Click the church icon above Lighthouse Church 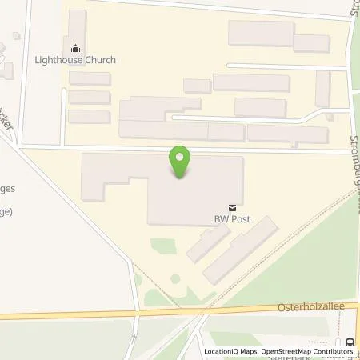[77, 46]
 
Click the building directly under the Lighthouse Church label [90, 78]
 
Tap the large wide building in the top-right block [261, 33]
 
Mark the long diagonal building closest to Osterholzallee [239, 250]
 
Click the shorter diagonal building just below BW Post [208, 242]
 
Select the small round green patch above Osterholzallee [175, 278]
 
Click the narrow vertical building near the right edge [322, 88]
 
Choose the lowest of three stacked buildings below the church [90, 117]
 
